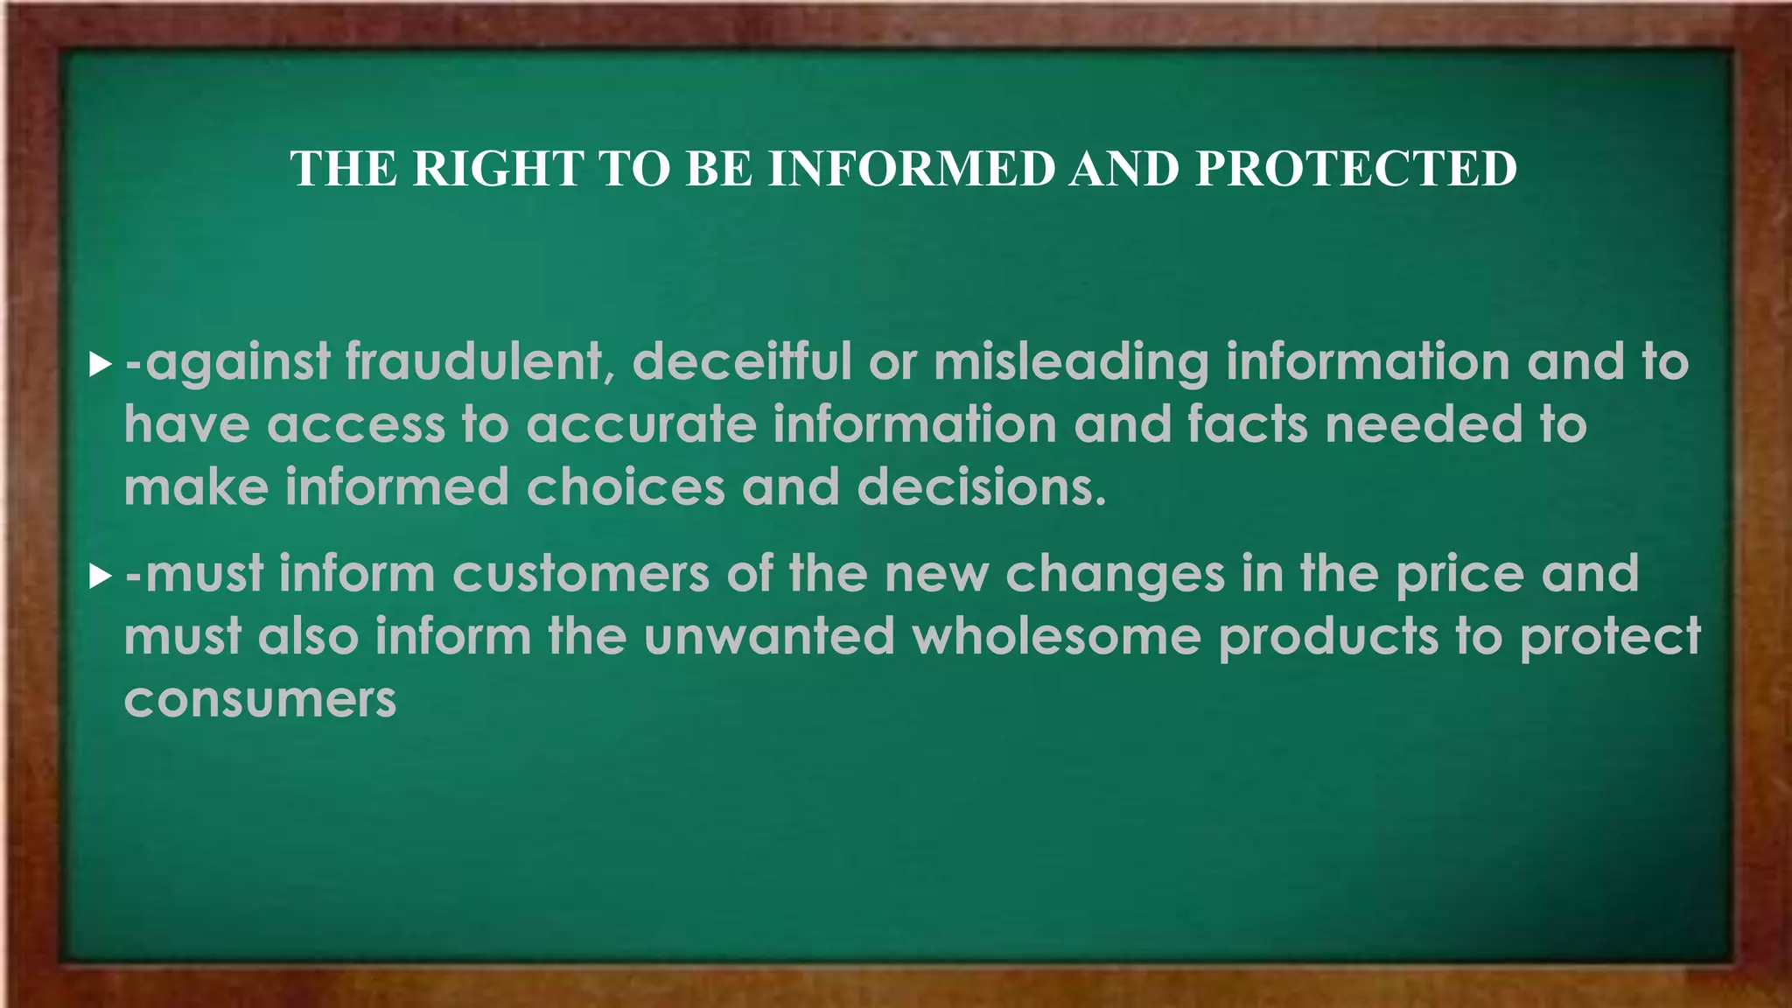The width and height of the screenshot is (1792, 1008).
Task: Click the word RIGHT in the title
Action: coord(498,168)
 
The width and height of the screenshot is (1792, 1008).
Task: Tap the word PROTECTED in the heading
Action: coord(1356,168)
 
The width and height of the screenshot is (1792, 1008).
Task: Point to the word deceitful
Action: coord(741,362)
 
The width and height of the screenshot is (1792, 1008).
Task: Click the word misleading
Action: coord(1071,362)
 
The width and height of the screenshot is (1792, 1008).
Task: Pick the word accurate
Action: coord(640,425)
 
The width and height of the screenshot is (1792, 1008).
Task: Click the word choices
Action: coord(625,487)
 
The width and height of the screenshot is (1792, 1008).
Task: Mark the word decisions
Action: coord(982,487)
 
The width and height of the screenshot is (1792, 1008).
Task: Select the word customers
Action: coord(580,575)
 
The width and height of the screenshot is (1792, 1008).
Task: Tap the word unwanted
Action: coord(769,637)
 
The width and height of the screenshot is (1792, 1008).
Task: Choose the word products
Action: coord(1328,637)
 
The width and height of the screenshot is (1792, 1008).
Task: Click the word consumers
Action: coord(260,700)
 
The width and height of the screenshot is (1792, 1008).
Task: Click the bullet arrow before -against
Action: coord(101,364)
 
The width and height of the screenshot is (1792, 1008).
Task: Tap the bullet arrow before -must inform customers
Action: coord(101,577)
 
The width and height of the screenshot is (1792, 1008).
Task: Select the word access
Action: coord(355,425)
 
